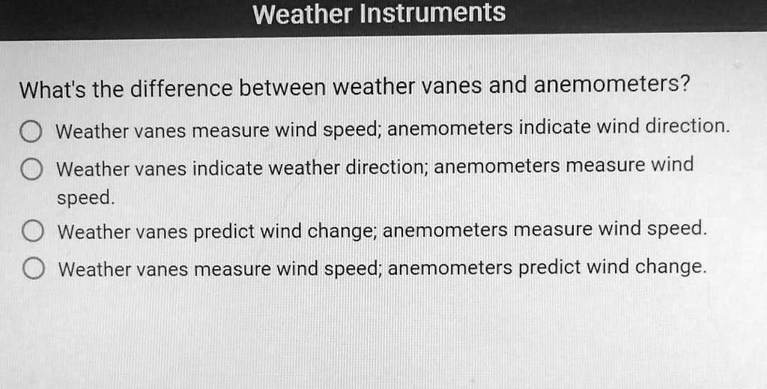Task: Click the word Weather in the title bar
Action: pyautogui.click(x=303, y=13)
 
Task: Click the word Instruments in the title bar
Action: pyautogui.click(x=433, y=13)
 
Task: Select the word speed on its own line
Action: pyautogui.click(x=85, y=199)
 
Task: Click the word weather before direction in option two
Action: pyautogui.click(x=304, y=167)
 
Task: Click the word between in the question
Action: pyautogui.click(x=282, y=89)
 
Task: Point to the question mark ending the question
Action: pyautogui.click(x=684, y=84)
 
